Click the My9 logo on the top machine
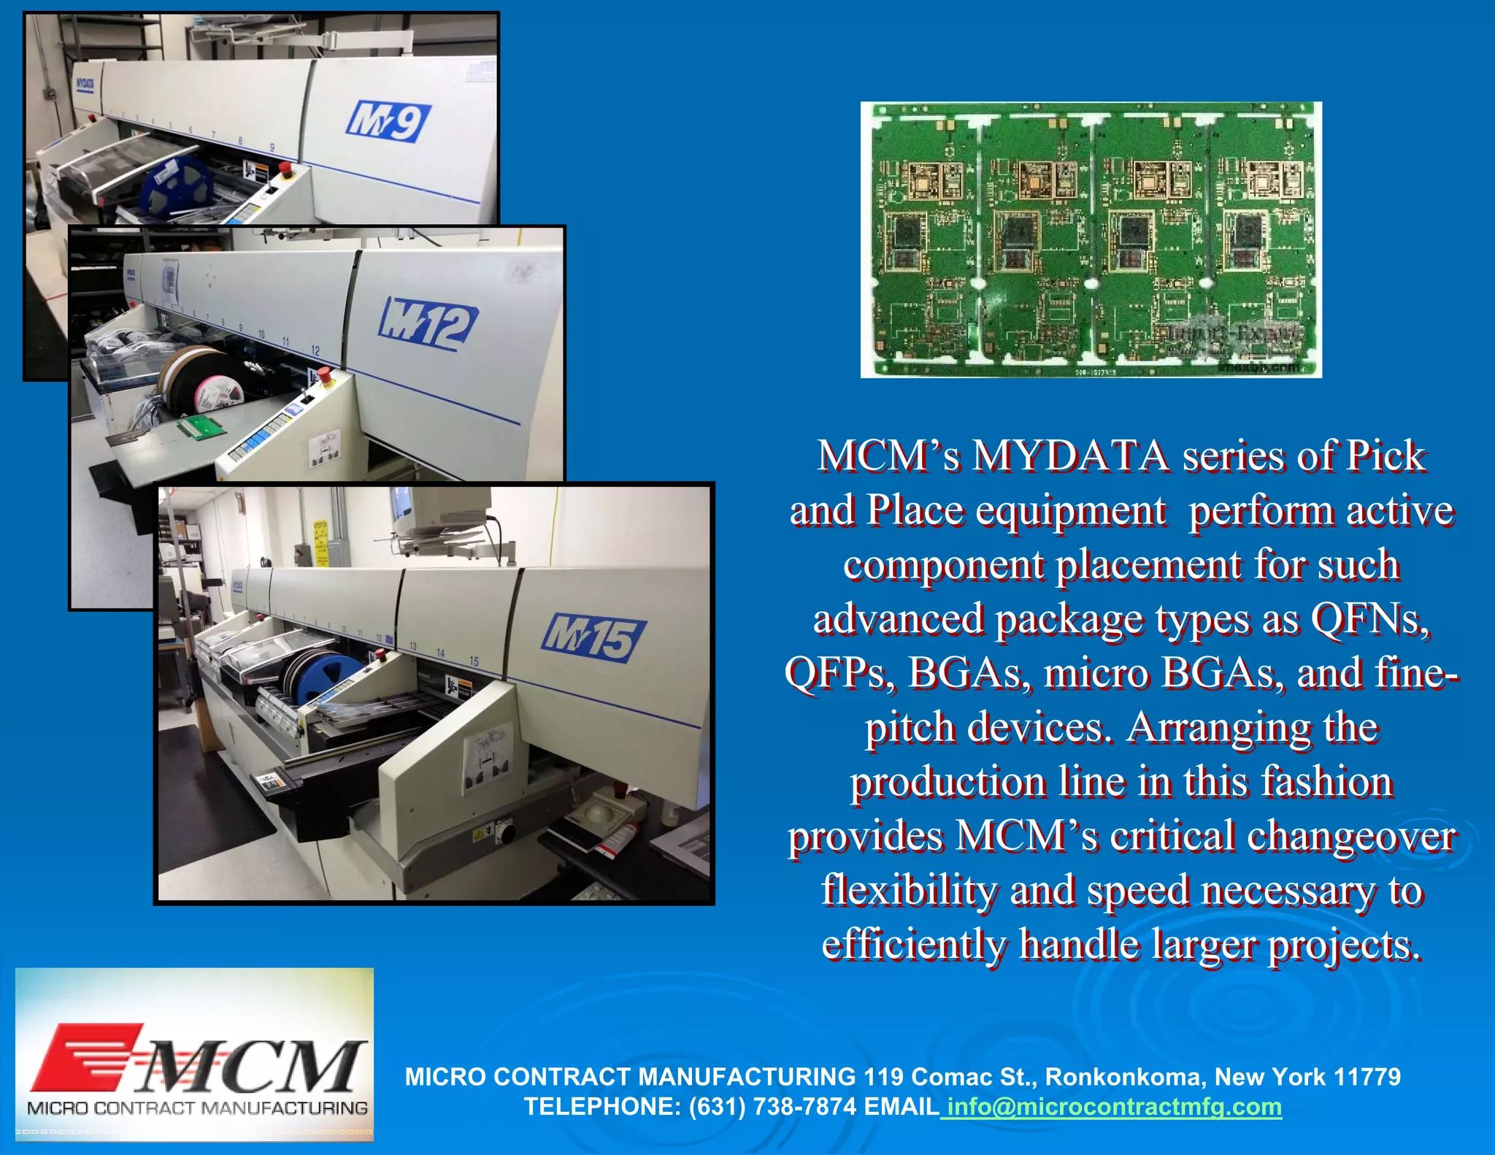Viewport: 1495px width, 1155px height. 388,121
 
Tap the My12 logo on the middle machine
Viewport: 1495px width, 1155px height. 428,323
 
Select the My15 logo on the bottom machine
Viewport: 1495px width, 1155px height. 593,637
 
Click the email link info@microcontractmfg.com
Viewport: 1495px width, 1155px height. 1112,1107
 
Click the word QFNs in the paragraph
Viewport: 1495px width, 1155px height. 1369,619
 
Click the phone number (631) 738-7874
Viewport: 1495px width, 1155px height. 772,1107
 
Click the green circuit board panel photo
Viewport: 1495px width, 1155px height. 1091,239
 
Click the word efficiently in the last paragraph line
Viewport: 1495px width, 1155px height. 914,945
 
